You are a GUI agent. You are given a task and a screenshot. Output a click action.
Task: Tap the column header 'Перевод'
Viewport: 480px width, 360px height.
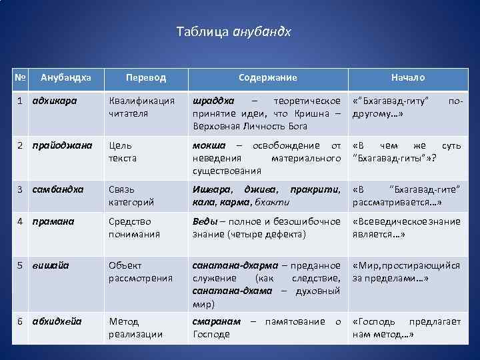click(x=146, y=78)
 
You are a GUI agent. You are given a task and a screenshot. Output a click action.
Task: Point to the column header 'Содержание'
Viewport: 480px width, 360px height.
click(x=268, y=78)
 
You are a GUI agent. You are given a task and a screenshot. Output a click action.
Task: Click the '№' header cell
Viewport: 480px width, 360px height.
click(x=20, y=78)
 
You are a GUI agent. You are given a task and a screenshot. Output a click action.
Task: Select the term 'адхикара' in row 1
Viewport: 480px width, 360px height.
click(x=54, y=101)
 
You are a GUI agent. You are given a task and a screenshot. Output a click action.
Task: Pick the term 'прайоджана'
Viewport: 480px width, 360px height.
click(x=61, y=145)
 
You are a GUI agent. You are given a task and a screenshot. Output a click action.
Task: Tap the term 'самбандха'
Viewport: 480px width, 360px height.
click(x=58, y=189)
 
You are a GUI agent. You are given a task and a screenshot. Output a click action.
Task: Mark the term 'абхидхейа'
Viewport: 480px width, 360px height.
click(x=57, y=321)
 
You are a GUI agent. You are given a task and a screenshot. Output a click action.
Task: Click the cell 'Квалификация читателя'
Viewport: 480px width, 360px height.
click(x=141, y=107)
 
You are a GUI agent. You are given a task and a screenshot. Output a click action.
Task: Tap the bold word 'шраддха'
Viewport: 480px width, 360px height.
click(x=213, y=101)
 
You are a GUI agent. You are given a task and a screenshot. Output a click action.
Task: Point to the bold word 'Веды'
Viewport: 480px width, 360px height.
click(x=204, y=221)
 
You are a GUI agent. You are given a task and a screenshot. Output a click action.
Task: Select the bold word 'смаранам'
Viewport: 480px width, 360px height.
click(x=216, y=321)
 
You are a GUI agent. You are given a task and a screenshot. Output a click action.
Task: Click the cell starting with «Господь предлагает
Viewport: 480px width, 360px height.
click(x=406, y=327)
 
